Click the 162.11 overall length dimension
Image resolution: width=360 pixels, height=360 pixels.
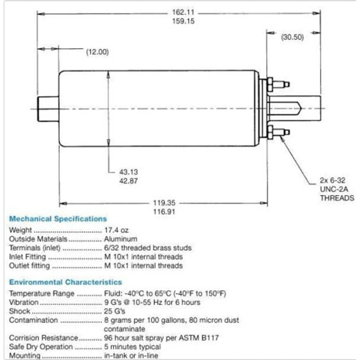tap(183, 12)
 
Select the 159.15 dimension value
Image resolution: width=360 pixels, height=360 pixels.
tap(183, 21)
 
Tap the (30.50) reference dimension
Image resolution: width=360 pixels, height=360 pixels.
tap(292, 37)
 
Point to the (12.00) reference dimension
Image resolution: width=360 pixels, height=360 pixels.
tap(97, 52)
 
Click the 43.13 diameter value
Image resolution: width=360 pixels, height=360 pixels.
tap(129, 172)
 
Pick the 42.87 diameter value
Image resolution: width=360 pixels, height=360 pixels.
tap(129, 181)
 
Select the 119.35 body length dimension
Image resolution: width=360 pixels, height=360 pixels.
tap(164, 203)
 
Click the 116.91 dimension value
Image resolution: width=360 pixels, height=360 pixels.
tap(164, 212)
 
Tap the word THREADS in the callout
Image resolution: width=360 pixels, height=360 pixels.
tap(337, 198)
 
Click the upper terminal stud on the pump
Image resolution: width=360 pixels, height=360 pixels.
tap(278, 84)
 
